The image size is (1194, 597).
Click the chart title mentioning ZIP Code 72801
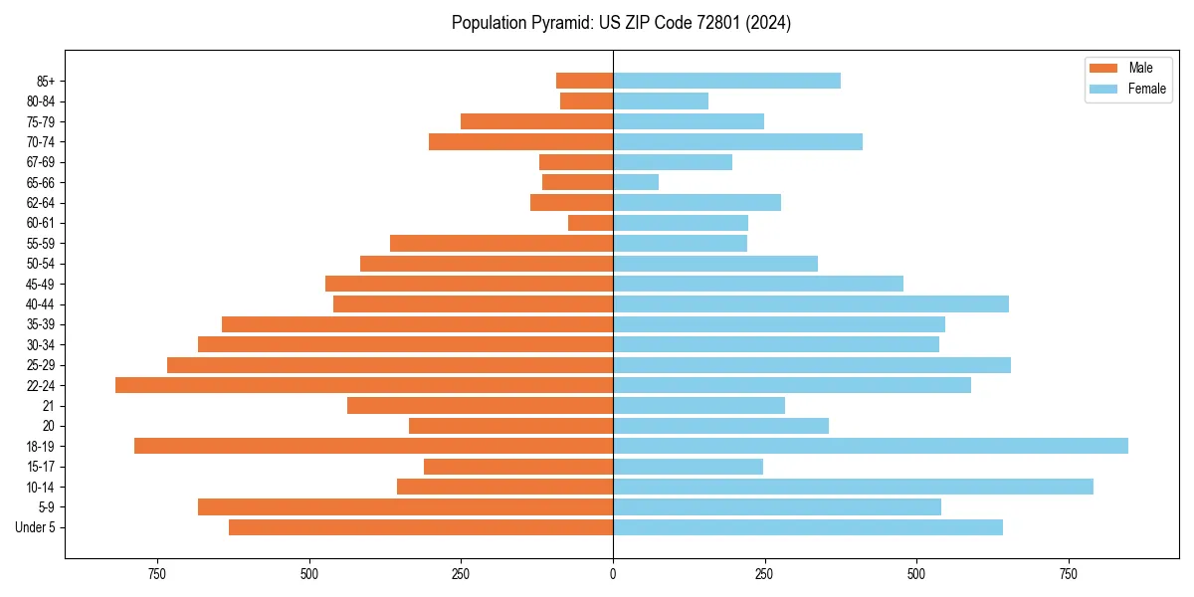click(621, 23)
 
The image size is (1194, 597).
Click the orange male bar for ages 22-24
click(364, 385)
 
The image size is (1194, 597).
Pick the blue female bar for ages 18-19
click(871, 446)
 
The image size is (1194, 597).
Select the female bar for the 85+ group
click(726, 81)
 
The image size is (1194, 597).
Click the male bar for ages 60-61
click(590, 223)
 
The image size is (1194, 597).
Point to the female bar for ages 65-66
click(636, 182)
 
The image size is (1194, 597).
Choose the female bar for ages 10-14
click(853, 487)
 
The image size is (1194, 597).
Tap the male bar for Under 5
click(421, 527)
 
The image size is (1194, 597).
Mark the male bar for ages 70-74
click(520, 141)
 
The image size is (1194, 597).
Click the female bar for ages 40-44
click(811, 303)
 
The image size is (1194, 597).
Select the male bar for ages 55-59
click(501, 243)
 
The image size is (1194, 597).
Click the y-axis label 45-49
click(40, 284)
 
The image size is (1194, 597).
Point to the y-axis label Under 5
click(36, 527)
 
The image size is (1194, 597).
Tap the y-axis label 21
click(48, 406)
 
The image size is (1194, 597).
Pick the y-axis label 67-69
click(40, 162)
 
